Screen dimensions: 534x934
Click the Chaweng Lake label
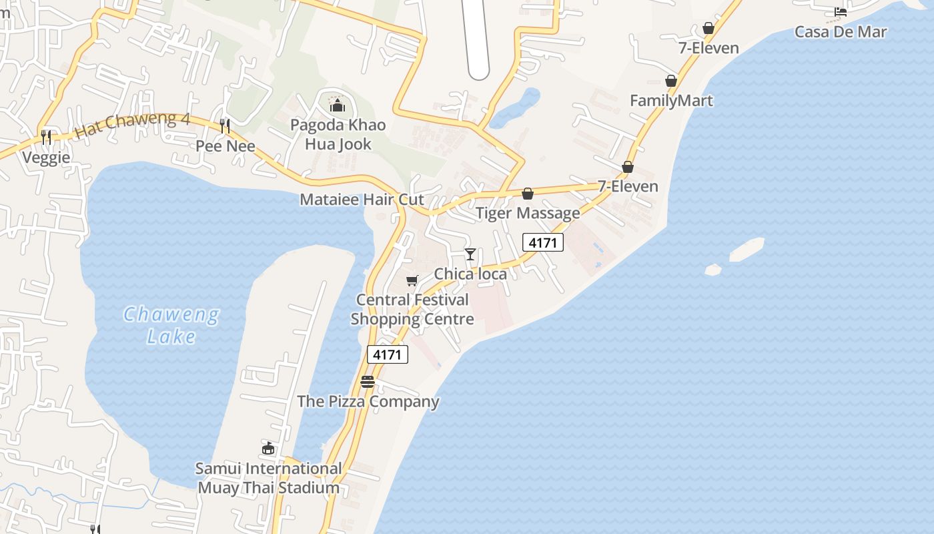[x=171, y=324]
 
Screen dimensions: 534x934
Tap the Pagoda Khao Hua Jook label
[x=338, y=134]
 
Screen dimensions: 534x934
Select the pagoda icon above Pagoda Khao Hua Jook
[x=337, y=105]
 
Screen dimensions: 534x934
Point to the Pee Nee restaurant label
[x=225, y=146]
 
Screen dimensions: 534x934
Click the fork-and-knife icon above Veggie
[x=46, y=138]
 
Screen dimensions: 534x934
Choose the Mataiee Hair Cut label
[x=362, y=199]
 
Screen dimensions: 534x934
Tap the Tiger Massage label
[x=527, y=213]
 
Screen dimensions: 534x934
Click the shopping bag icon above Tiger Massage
[x=528, y=194]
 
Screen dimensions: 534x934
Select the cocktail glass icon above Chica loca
[x=470, y=254]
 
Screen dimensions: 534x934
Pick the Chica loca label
[x=470, y=274]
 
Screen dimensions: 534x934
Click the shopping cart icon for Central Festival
[x=412, y=281]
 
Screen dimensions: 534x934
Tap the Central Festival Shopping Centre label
[x=412, y=309]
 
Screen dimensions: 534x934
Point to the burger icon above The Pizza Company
[x=368, y=382]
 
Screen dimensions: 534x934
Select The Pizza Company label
[x=368, y=401]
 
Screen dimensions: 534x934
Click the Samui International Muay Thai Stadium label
[x=268, y=478]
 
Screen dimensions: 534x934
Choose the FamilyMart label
[x=671, y=101]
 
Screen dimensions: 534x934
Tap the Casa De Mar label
[x=841, y=31]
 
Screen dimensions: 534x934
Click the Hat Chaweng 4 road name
[x=133, y=125]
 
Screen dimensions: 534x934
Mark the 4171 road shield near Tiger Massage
[x=542, y=242]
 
